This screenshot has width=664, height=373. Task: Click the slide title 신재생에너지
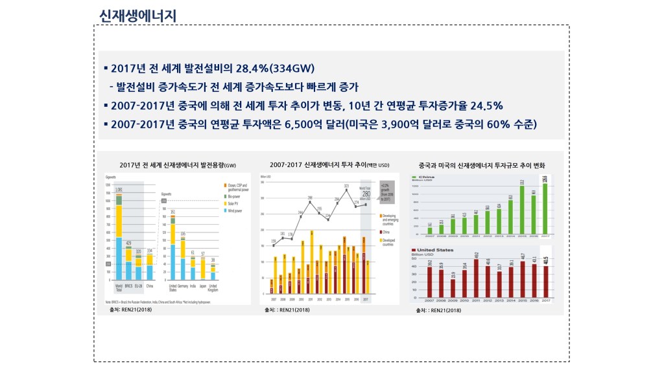click(x=138, y=15)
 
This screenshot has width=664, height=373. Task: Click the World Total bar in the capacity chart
click(x=119, y=240)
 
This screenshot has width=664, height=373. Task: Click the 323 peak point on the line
click(x=347, y=190)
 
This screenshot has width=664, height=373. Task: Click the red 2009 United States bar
click(x=453, y=287)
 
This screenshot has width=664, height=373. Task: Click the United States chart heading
click(x=434, y=249)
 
